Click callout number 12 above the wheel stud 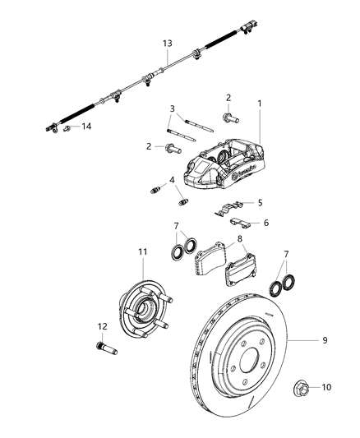click(102, 326)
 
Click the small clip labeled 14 click(68, 127)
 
